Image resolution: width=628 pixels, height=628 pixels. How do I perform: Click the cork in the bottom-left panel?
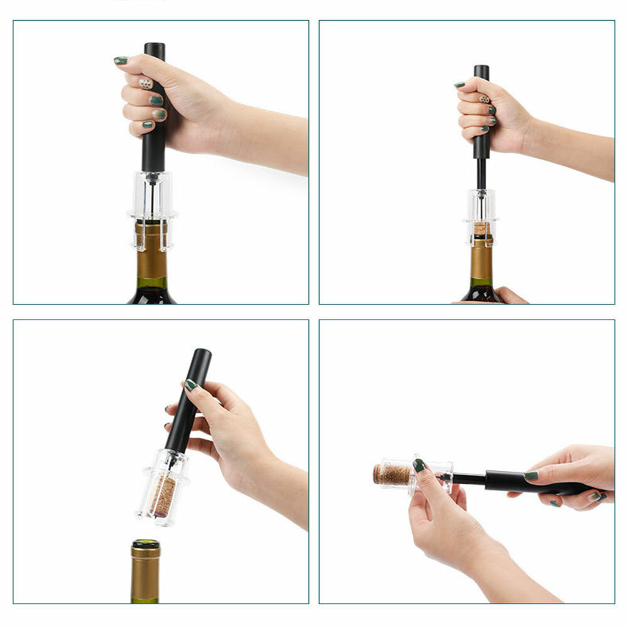[164, 496]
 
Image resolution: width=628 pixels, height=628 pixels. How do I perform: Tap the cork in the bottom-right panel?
[392, 474]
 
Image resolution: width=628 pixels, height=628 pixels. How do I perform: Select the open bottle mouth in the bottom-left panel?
[145, 544]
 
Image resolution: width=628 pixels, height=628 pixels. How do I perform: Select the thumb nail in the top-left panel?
[121, 61]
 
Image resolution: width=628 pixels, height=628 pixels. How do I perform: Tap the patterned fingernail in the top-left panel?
[145, 83]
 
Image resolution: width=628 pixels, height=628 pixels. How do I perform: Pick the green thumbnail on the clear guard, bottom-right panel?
[419, 465]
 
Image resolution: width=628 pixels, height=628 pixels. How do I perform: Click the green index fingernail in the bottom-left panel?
[190, 385]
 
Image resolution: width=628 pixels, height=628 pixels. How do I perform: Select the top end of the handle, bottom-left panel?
[203, 355]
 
